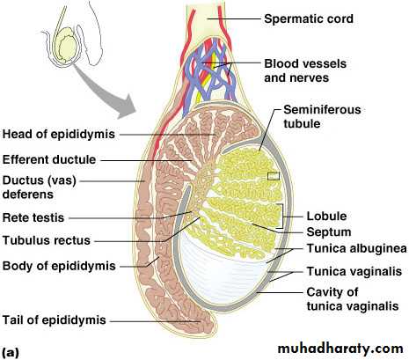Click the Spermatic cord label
tap(309, 19)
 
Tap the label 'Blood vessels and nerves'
tap(305, 70)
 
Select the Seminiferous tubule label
tap(322, 116)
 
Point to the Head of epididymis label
tap(59, 135)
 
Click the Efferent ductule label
tap(49, 160)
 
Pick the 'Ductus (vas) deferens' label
tap(40, 187)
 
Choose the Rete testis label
tap(33, 217)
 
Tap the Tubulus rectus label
tap(47, 240)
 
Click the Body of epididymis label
tap(59, 266)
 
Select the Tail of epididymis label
tap(55, 320)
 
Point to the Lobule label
tap(326, 217)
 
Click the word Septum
tap(329, 232)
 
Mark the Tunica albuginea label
tap(356, 248)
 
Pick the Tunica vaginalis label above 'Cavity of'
tap(354, 271)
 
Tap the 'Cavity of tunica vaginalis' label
tap(353, 299)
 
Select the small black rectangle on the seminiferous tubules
tap(274, 176)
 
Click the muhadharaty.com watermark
tap(340, 349)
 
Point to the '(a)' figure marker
tap(11, 352)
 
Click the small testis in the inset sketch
tap(66, 45)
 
